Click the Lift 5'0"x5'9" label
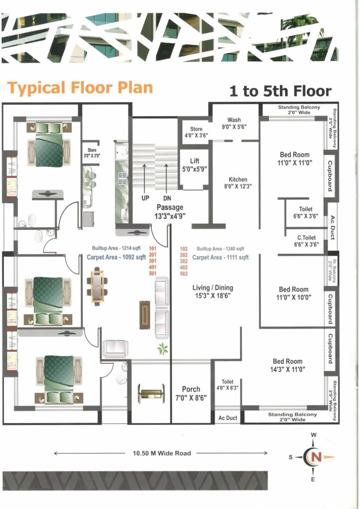pos(194,165)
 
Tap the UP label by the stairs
pos(145,198)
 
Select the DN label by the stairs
pos(167,198)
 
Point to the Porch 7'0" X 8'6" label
pos(191,393)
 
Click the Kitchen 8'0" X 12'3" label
pos(238,183)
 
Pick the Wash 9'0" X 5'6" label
pos(234,123)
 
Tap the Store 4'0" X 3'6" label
pos(196,132)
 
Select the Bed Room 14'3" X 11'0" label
pos(287,365)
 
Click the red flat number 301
pos(153,261)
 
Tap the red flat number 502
pos(184,274)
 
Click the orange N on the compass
pos(316,457)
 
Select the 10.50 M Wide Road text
pos(162,453)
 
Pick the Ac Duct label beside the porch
pos(228,418)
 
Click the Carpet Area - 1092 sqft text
pos(116,257)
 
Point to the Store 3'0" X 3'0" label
pos(92,153)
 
